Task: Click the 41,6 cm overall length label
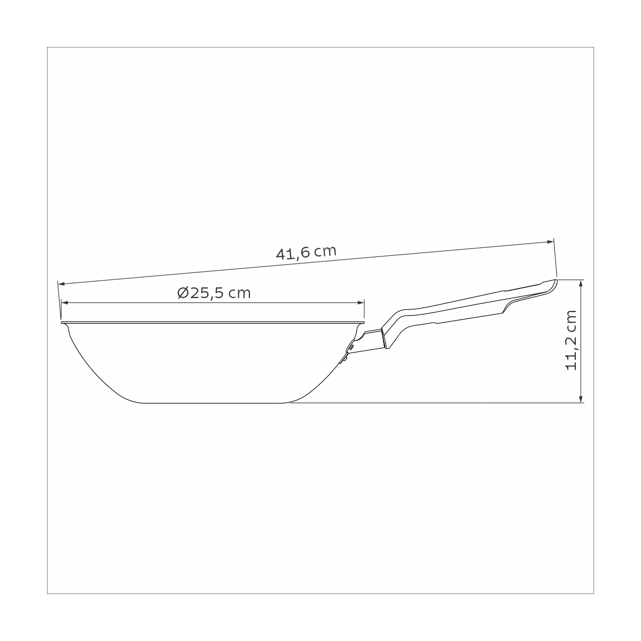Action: (306, 253)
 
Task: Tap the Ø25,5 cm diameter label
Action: (214, 293)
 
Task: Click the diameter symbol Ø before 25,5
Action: (183, 293)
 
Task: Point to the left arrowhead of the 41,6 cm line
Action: (61, 284)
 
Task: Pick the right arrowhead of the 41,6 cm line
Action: (550, 241)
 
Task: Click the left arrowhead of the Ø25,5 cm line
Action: (65, 303)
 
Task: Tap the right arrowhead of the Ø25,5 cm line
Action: (361, 303)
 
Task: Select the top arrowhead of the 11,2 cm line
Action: (581, 283)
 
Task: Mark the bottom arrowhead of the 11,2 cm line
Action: (581, 399)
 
